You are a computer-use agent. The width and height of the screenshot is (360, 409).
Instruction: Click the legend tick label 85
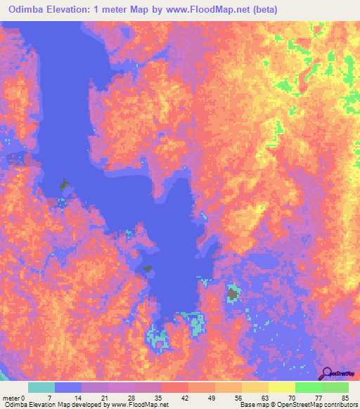(x=345, y=398)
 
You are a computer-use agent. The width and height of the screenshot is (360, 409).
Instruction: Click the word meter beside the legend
(x=12, y=398)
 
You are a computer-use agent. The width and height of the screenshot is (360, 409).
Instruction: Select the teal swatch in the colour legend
(x=41, y=387)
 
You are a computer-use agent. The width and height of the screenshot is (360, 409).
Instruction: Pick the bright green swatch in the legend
(x=308, y=387)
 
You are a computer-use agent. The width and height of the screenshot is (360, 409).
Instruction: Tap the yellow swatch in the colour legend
(x=255, y=387)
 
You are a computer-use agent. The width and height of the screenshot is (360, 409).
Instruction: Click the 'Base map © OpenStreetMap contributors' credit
(x=297, y=405)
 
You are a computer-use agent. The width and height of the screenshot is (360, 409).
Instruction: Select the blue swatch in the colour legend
(x=68, y=387)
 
